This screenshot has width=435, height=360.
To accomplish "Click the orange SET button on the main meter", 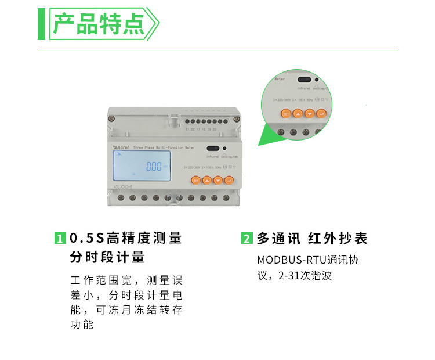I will pyautogui.click(x=196, y=181).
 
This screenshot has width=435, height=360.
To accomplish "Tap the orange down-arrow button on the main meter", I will pyautogui.click(x=218, y=181).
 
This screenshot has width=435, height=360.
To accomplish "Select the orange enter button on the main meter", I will pyautogui.click(x=229, y=181).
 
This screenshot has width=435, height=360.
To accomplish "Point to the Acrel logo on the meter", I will pyautogui.click(x=121, y=149).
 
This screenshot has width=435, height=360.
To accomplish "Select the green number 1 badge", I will pyautogui.click(x=59, y=239).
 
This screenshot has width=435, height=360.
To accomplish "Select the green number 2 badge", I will pyautogui.click(x=246, y=239).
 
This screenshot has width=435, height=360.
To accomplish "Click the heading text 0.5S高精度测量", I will pyautogui.click(x=126, y=239).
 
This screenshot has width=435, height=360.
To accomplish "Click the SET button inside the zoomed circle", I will pyautogui.click(x=285, y=114).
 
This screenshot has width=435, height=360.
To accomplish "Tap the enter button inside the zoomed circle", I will pyautogui.click(x=322, y=114).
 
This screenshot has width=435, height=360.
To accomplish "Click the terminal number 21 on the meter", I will pyautogui.click(x=186, y=129).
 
